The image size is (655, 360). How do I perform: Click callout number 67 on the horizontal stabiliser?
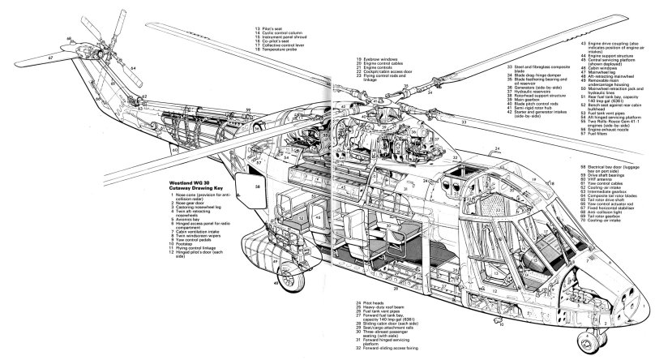50,58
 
